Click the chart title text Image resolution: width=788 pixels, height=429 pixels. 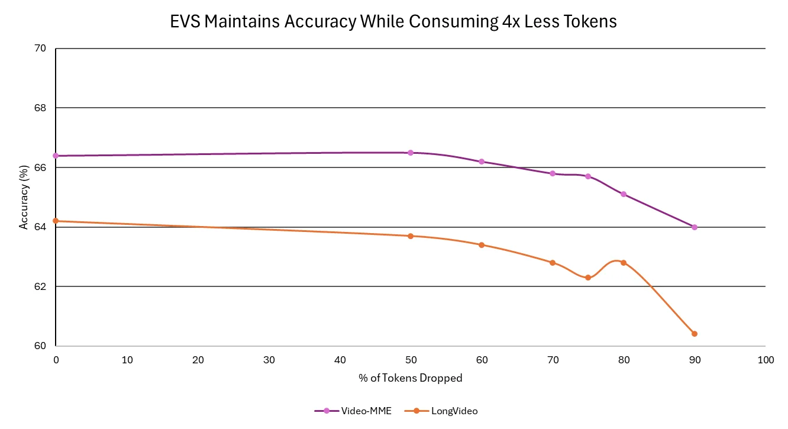point(393,22)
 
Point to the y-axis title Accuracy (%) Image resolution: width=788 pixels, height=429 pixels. point(24,197)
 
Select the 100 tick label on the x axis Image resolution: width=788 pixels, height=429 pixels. point(766,360)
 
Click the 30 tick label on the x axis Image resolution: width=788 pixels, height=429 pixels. point(269,360)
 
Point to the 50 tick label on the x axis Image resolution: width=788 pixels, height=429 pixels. point(411,360)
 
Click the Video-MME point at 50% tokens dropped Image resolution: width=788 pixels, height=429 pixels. point(411,153)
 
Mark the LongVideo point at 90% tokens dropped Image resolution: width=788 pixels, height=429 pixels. point(695,334)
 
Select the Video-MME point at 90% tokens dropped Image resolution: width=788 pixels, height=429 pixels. point(695,227)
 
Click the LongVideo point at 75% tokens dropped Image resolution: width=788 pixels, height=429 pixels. point(588,278)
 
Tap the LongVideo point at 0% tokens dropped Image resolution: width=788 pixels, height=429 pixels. point(56,221)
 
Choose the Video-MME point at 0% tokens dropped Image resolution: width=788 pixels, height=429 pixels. point(56,156)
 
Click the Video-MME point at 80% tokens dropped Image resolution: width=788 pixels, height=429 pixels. point(624,194)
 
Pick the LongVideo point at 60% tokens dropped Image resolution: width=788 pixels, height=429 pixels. point(482,245)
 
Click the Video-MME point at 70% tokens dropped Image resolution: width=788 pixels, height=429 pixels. point(553,173)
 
